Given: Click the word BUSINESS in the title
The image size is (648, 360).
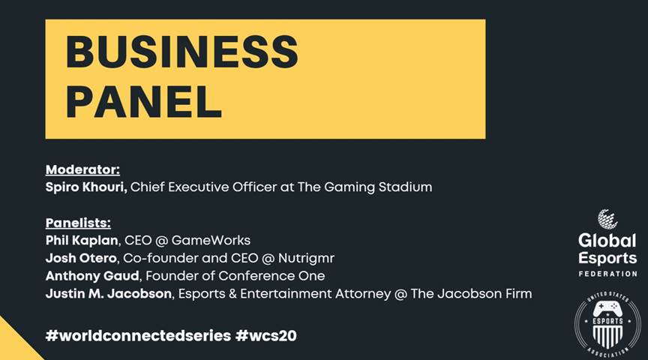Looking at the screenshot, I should click(182, 52).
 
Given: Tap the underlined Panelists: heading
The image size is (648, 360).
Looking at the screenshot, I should click(78, 223).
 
